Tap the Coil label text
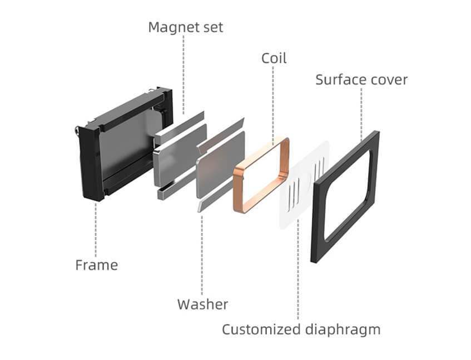tap(274, 58)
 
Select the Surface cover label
tap(361, 79)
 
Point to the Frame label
tap(97, 264)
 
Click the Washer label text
tap(202, 304)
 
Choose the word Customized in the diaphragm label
tap(260, 329)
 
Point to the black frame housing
tap(89, 161)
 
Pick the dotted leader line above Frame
tap(96, 228)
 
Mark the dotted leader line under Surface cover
tap(361, 111)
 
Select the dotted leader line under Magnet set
tap(185, 72)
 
